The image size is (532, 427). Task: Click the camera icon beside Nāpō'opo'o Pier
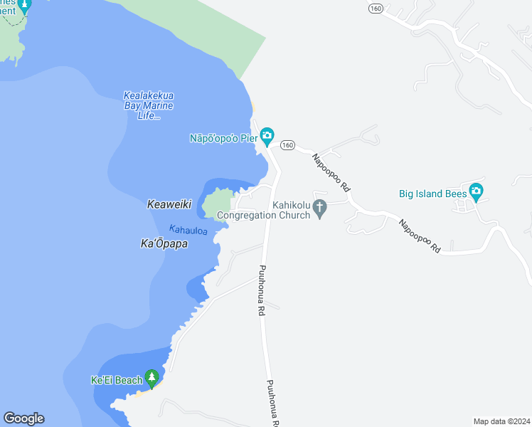267,135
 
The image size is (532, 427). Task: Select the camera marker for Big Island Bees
476,191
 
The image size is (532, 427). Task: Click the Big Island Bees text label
432,192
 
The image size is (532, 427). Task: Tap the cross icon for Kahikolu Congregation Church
321,208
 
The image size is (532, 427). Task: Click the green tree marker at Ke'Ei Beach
151,377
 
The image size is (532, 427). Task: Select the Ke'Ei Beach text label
117,380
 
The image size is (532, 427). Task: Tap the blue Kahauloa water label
188,230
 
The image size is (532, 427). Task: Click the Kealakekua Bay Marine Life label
149,105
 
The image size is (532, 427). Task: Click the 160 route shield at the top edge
376,8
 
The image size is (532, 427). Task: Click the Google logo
23,418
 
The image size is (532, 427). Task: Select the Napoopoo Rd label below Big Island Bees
420,237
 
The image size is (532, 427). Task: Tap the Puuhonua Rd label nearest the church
261,290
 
